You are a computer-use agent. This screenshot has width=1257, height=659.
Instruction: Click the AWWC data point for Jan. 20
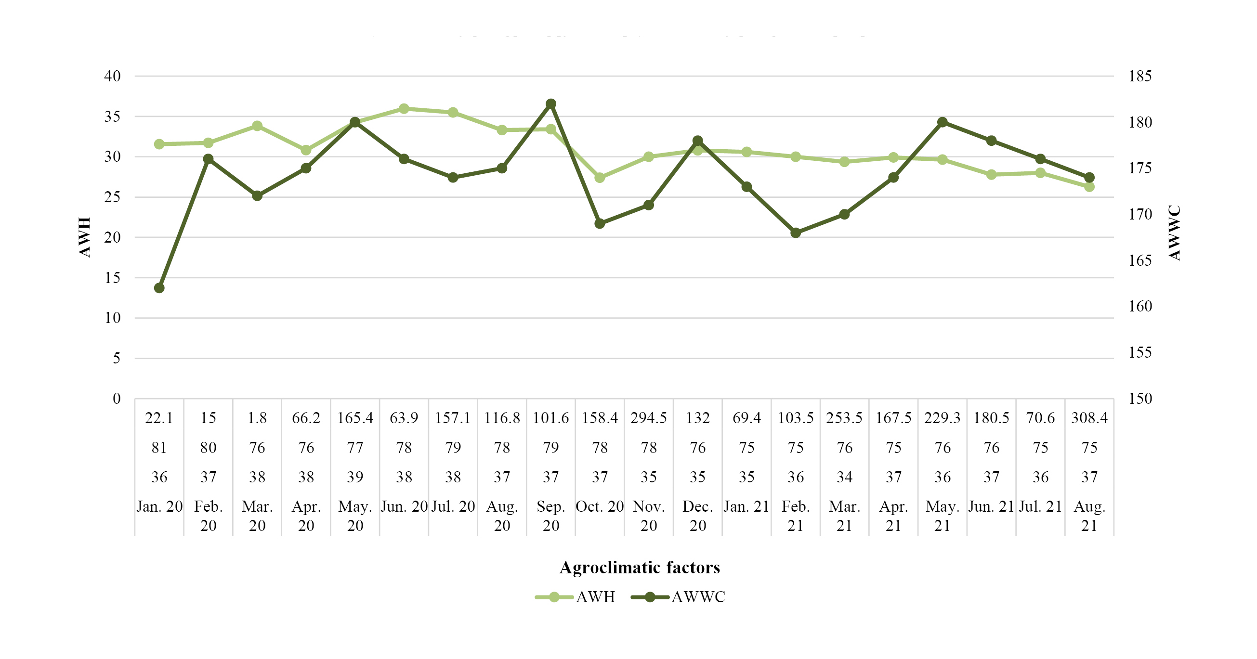(159, 288)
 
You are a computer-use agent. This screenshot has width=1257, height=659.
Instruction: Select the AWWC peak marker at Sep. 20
(551, 104)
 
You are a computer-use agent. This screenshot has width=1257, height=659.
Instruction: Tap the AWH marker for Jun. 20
(404, 109)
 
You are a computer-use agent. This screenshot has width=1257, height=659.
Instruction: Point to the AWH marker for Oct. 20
(600, 178)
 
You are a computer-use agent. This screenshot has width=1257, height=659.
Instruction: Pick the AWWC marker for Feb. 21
(796, 233)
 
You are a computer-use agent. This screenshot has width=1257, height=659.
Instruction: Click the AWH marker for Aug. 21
(1089, 187)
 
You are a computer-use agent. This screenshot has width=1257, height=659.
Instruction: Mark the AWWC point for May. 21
(943, 122)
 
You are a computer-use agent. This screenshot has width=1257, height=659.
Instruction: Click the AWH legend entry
(576, 597)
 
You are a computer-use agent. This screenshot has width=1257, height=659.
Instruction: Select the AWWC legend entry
(678, 597)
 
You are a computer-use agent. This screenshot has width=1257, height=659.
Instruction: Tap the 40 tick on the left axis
(112, 76)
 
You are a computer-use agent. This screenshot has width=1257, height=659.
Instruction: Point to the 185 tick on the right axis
(1140, 76)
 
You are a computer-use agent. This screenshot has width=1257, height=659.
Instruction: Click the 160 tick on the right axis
(1140, 306)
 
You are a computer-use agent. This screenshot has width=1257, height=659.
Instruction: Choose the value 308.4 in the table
(1089, 418)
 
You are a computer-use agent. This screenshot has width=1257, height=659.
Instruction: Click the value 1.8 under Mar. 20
(257, 418)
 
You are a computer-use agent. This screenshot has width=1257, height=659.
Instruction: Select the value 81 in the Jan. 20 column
(159, 448)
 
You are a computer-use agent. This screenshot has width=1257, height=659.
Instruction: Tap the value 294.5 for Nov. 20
(649, 418)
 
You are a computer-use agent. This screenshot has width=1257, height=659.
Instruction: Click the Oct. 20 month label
(600, 507)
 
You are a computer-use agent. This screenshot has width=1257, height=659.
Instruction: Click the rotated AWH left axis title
(85, 237)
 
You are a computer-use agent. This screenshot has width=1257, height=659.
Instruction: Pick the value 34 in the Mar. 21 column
(845, 477)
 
